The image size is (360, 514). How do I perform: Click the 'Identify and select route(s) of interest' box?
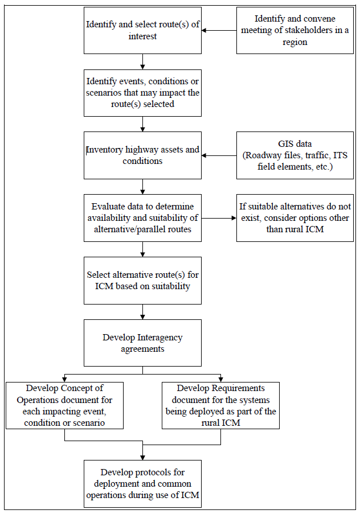pos(142,30)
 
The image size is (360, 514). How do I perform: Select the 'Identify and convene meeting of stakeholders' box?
pos(294,31)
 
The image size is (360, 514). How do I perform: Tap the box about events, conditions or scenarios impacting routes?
pos(142,93)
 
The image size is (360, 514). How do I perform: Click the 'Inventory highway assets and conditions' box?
pos(142,155)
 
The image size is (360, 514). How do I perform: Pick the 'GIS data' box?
pos(294,155)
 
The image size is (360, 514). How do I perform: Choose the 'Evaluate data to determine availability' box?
pos(142,217)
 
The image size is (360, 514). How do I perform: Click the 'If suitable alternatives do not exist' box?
pos(294,217)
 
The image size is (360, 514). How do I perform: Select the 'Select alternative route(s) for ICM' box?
pos(142,280)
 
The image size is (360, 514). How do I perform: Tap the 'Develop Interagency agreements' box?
pos(142,343)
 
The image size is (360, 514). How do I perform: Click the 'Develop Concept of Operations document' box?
pos(64,405)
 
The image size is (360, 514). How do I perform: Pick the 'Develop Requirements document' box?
pos(220,405)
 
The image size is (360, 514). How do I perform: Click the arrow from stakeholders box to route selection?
pos(219,31)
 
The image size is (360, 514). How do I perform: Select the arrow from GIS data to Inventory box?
pos(219,155)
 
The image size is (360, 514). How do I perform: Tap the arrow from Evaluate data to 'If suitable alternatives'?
pos(219,217)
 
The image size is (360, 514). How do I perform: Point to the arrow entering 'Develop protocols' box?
pos(142,453)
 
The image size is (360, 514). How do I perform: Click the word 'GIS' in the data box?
pos(282,143)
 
